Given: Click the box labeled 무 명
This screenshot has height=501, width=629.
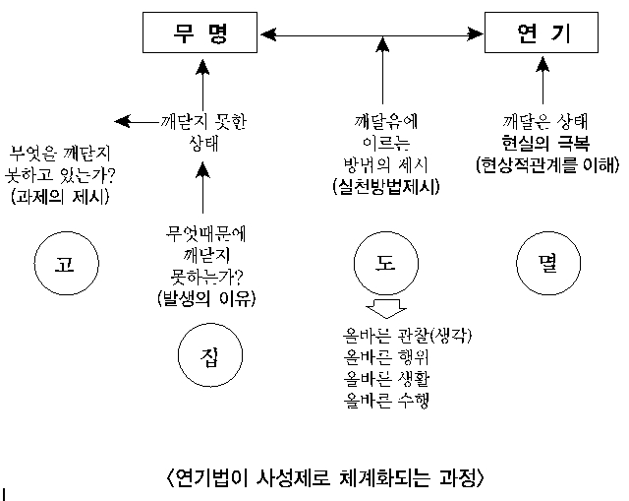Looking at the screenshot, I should (x=201, y=35).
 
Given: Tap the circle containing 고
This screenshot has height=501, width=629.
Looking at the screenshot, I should (x=64, y=263).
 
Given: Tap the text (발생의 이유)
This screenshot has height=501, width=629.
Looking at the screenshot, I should (x=205, y=296).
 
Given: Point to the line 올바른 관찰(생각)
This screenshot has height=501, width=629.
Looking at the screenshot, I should (x=403, y=337).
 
